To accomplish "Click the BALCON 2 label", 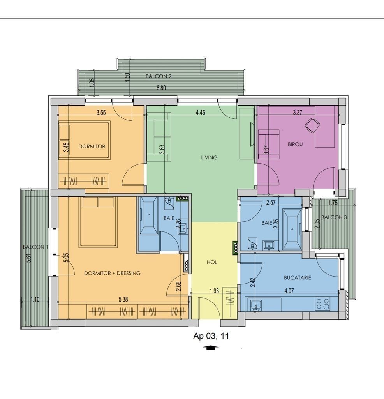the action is pos(158,76).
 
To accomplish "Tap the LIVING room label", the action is pos(209,157).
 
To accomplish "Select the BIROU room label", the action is pos(295,144).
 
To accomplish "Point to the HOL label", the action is pos(212,262).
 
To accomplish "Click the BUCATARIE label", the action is pos(298,277).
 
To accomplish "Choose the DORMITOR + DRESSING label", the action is pos(112,273).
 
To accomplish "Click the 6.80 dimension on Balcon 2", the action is pos(161,88).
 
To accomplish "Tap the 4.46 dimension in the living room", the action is pos(201,112).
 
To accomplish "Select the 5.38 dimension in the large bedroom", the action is pos(123,300).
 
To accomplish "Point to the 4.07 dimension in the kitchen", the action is pos(289,291).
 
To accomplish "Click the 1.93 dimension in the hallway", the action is pos(214,291).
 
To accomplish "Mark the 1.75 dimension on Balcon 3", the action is pos(333,203).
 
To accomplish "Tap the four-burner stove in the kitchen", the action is pos(323,304).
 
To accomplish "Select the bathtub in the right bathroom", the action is pos(292,229).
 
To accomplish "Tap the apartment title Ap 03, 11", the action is pos(211,336).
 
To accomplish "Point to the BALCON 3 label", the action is pos(334,217).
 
